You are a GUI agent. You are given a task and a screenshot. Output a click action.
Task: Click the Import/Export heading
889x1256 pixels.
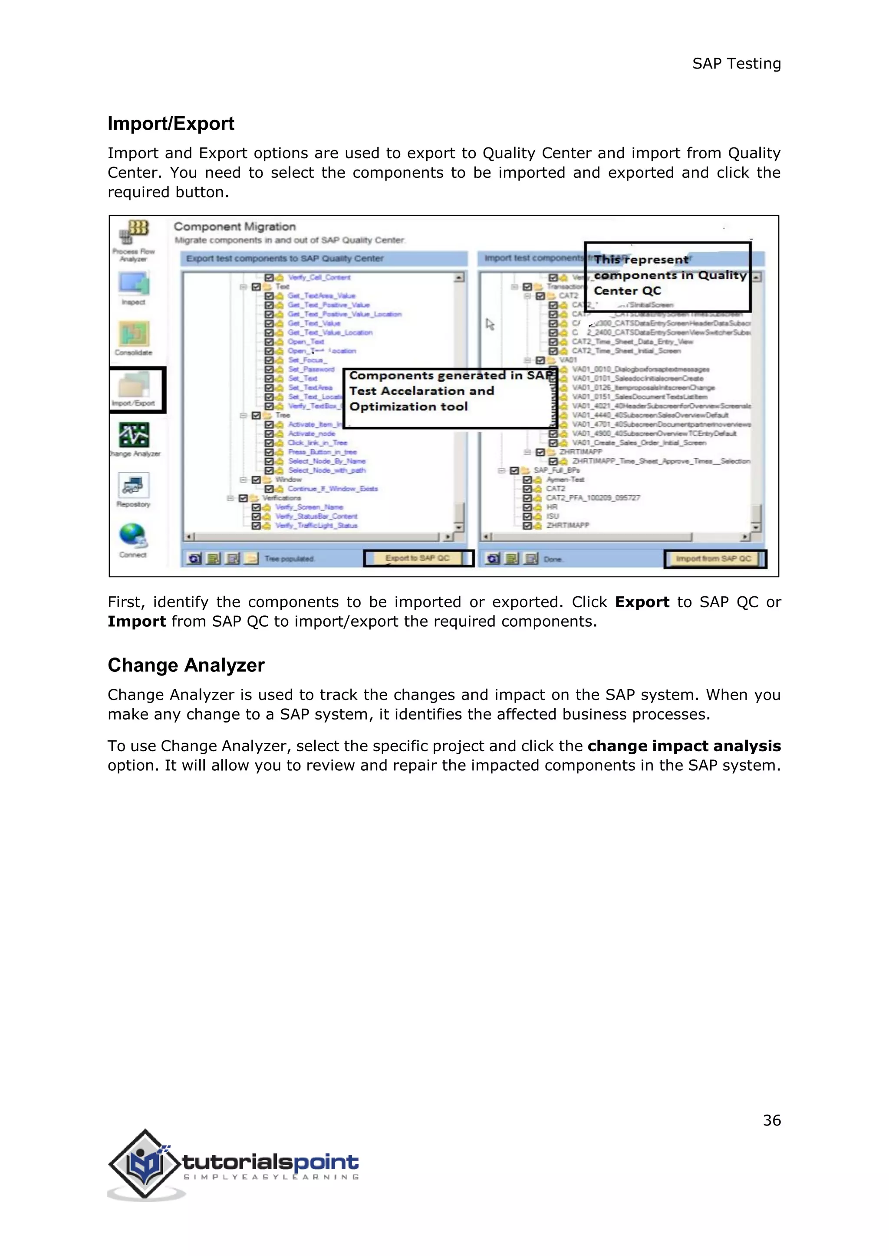171,124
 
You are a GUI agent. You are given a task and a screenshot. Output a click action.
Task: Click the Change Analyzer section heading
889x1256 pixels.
186,665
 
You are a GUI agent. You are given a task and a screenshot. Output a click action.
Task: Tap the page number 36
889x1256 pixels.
772,1120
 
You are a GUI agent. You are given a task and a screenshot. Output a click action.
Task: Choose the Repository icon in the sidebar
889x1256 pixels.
133,485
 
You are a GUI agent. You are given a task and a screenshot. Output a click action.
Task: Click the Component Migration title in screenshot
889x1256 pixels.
235,226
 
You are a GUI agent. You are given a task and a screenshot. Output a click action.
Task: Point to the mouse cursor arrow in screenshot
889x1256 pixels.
489,324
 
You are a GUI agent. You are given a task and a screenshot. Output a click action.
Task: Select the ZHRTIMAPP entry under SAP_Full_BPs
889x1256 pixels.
568,525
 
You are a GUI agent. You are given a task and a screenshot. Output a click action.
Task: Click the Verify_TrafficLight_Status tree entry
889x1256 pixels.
316,526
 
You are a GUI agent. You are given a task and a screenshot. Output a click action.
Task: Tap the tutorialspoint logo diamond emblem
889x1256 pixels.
145,1164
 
